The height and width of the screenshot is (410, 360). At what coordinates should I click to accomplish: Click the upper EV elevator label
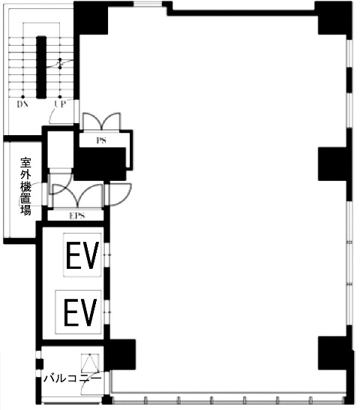(82, 255)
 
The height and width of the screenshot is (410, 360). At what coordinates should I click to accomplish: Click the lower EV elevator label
(80, 312)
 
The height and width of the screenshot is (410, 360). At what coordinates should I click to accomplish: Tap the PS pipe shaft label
(101, 140)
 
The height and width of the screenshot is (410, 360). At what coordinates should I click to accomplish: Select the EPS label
(77, 216)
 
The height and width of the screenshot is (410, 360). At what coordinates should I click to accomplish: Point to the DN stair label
(22, 104)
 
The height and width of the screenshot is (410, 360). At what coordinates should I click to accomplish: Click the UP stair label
(60, 104)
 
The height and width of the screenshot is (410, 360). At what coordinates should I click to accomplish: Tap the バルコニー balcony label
(72, 378)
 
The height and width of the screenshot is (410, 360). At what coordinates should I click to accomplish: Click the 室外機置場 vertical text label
(25, 186)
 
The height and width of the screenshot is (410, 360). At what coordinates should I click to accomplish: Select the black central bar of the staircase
(41, 67)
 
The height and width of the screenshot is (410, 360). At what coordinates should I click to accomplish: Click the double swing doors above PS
(101, 121)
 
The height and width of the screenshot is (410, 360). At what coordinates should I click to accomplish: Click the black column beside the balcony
(120, 354)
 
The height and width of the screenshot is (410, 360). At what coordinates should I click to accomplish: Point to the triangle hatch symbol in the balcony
(90, 363)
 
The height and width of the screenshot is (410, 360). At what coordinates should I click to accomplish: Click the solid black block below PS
(100, 164)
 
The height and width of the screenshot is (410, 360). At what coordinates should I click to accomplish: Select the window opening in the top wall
(148, 5)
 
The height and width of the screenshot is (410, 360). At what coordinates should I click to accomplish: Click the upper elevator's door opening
(107, 255)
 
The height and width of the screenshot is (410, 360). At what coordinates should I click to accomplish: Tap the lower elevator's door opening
(107, 312)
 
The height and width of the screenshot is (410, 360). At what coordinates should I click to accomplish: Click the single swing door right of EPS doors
(118, 194)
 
